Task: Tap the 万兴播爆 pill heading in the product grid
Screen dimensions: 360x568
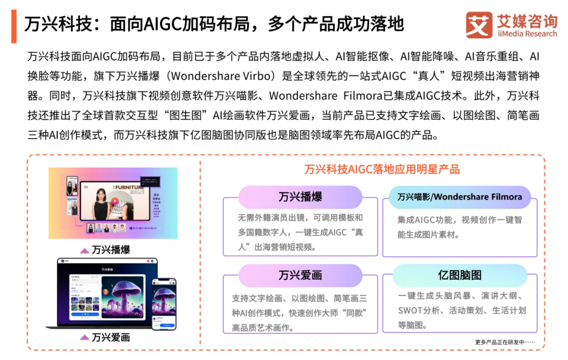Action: [300, 197]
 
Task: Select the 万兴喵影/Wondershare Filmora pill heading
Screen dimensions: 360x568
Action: [460, 197]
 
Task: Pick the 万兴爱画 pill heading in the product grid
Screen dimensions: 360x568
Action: [300, 275]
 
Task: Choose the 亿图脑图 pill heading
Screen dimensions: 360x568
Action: [460, 275]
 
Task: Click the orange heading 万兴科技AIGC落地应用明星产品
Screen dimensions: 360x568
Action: [382, 169]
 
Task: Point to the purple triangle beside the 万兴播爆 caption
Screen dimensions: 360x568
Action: [84, 251]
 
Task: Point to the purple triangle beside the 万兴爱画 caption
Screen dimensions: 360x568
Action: [84, 337]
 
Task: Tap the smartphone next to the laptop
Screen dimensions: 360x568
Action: [164, 303]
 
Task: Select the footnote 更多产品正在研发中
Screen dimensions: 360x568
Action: [505, 342]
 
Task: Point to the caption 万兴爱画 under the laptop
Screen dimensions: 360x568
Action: [110, 337]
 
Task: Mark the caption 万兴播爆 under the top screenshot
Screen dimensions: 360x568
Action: [110, 250]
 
